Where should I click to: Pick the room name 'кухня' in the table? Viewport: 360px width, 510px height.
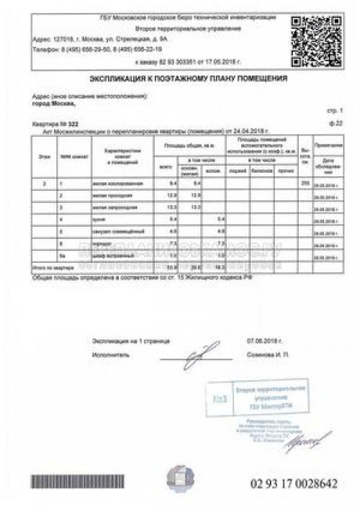coord(99,218)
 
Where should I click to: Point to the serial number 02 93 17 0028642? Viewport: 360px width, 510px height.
coord(293,481)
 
